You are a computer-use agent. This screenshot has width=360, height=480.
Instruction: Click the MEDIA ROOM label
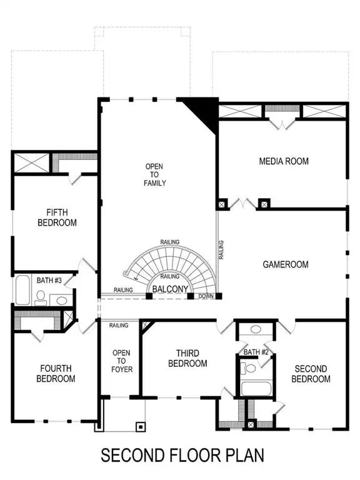pyautogui.click(x=284, y=161)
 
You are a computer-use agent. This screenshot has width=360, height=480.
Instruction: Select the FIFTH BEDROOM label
pyautogui.click(x=57, y=217)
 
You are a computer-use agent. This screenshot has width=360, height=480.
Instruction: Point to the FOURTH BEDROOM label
pyautogui.click(x=57, y=374)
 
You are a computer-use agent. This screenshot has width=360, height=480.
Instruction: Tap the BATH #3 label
pyautogui.click(x=49, y=280)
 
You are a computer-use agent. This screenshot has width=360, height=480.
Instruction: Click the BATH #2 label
pyautogui.click(x=255, y=352)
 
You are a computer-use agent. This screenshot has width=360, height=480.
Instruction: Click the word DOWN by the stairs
pyautogui.click(x=206, y=296)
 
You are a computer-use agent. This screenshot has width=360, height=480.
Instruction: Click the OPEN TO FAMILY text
pyautogui.click(x=154, y=174)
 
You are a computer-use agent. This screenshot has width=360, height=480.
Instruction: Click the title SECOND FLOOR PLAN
pyautogui.click(x=182, y=455)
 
